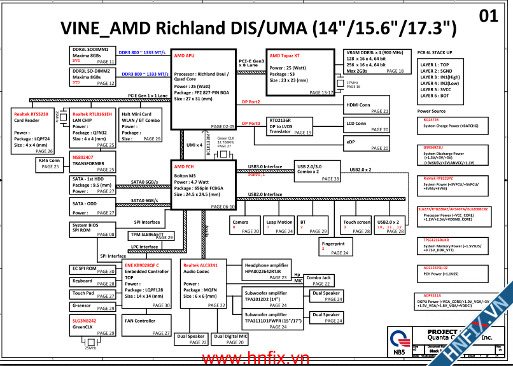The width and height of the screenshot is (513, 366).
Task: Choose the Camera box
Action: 245,226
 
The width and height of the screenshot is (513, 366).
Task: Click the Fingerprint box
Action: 335,247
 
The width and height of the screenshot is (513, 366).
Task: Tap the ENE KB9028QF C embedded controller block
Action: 147,284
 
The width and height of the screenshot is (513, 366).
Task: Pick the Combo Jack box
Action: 318,281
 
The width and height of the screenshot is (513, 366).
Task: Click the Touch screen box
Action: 356,226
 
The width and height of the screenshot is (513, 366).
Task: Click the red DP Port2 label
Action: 251,102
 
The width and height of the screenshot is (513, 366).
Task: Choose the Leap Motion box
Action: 279,226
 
